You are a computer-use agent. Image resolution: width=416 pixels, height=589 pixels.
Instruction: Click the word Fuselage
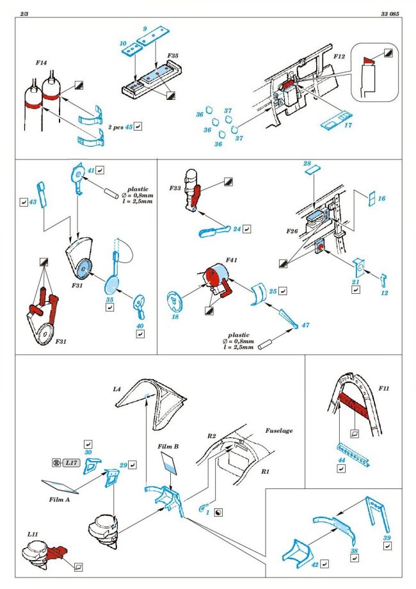tap(279, 431)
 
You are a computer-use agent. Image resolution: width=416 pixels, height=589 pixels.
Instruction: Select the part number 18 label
tap(171, 316)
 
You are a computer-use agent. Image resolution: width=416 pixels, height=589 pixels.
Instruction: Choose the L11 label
tap(31, 533)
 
